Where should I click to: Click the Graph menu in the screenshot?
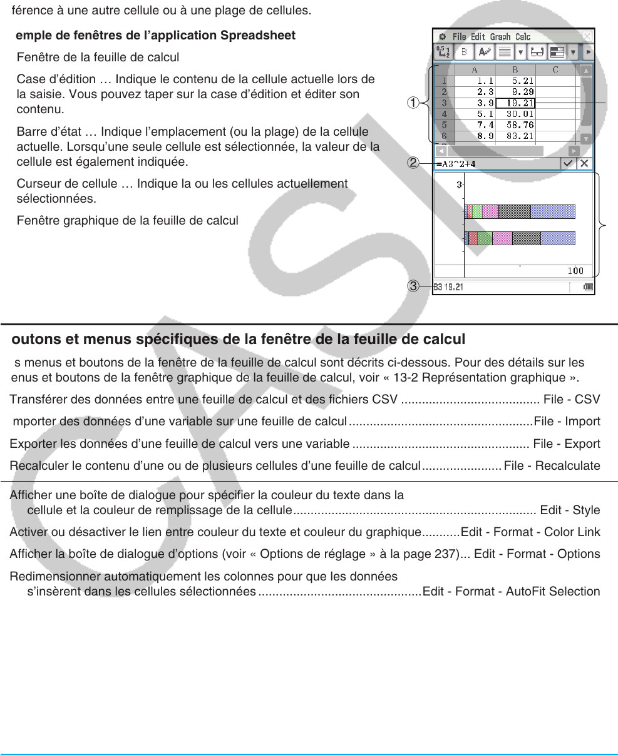click(500, 37)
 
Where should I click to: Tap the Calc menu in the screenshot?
click(523, 37)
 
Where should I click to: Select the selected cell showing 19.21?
click(515, 103)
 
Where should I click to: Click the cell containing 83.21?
click(515, 136)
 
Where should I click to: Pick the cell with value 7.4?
click(475, 125)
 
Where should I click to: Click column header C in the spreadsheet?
click(555, 70)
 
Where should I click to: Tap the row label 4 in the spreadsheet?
click(444, 114)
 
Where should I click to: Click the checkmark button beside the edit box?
click(568, 163)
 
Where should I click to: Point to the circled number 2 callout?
click(413, 163)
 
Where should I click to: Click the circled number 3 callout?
click(413, 286)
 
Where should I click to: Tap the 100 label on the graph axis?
click(575, 271)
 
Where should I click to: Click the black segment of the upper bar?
click(515, 211)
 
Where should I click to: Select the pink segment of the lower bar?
click(502, 238)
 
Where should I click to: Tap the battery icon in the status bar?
click(588, 287)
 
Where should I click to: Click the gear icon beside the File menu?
click(443, 37)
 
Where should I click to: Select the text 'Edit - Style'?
click(570, 510)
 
